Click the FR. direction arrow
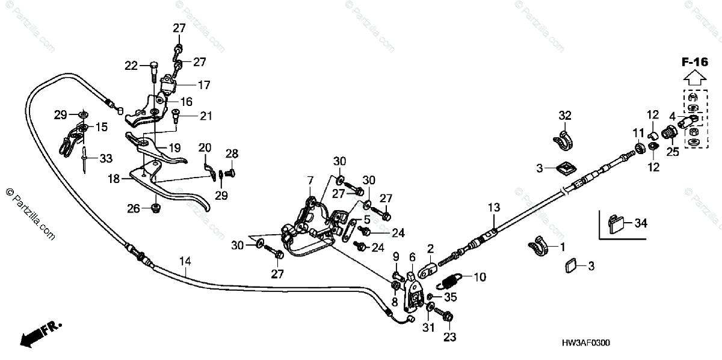[x=39, y=334]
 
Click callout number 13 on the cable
[x=493, y=208]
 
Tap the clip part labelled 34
[x=617, y=223]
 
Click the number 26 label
[x=132, y=208]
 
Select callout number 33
[x=105, y=159]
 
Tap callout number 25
[x=672, y=152]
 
